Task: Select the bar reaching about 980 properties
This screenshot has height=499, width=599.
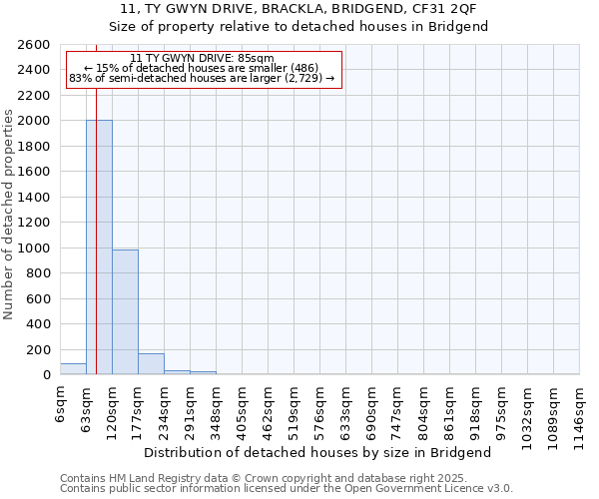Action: pyautogui.click(x=125, y=312)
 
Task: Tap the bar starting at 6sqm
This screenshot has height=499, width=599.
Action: pyautogui.click(x=73, y=369)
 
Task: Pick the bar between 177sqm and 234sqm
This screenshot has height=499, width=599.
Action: pyautogui.click(x=151, y=364)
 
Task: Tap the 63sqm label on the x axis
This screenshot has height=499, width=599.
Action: pyautogui.click(x=87, y=407)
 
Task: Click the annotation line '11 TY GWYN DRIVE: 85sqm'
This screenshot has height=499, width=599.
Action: pyautogui.click(x=202, y=59)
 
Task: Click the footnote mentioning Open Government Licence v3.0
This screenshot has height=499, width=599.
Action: pyautogui.click(x=287, y=489)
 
